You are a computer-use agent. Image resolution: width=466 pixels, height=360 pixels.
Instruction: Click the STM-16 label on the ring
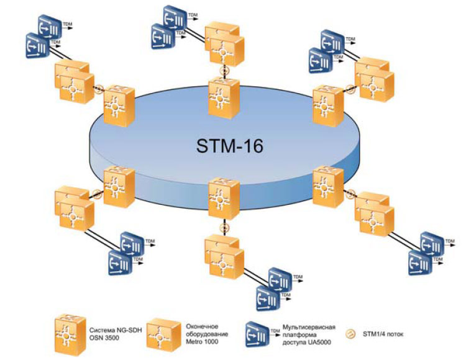click(230, 147)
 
